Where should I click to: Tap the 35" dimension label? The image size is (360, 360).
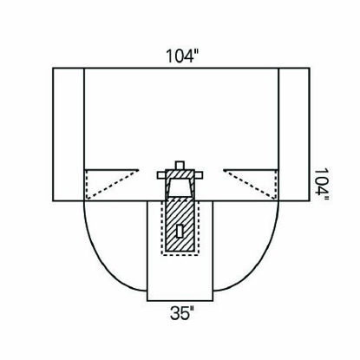point(180,309)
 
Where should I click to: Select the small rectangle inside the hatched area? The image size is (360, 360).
point(180,230)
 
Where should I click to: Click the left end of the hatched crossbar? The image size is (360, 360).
point(161,175)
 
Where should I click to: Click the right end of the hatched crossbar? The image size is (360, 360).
point(198,175)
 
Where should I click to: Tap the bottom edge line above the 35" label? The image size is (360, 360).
point(180,295)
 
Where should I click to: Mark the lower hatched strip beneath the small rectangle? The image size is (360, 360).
point(180,244)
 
